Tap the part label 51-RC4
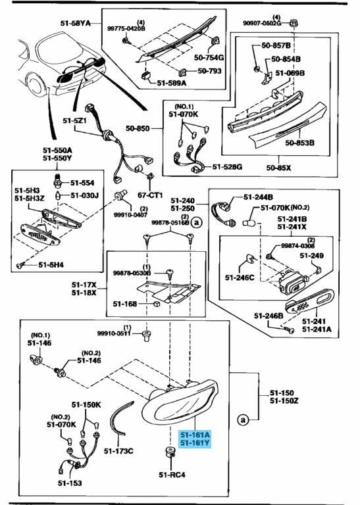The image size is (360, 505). pos(172,474)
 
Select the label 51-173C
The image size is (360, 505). pos(118,451)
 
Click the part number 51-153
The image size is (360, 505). pos(70,483)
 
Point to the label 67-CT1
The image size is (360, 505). pos(150,195)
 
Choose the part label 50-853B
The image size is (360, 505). pos(299,142)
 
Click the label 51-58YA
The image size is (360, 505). pos(76,23)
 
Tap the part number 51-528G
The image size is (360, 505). pos(227,167)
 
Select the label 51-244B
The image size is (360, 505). pos(258,197)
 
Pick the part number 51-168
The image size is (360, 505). pos(125,304)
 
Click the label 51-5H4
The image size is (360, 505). pos(51,265)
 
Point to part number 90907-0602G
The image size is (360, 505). pos(263,23)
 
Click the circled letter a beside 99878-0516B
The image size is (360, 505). pos(196,222)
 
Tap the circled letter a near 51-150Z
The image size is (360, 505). pos(242,420)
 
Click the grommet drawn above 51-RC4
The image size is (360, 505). pos(170,452)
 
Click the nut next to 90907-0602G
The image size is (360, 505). pos(293,22)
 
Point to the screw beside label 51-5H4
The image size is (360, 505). pos(20,266)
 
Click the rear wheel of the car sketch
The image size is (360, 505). pos(36,84)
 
